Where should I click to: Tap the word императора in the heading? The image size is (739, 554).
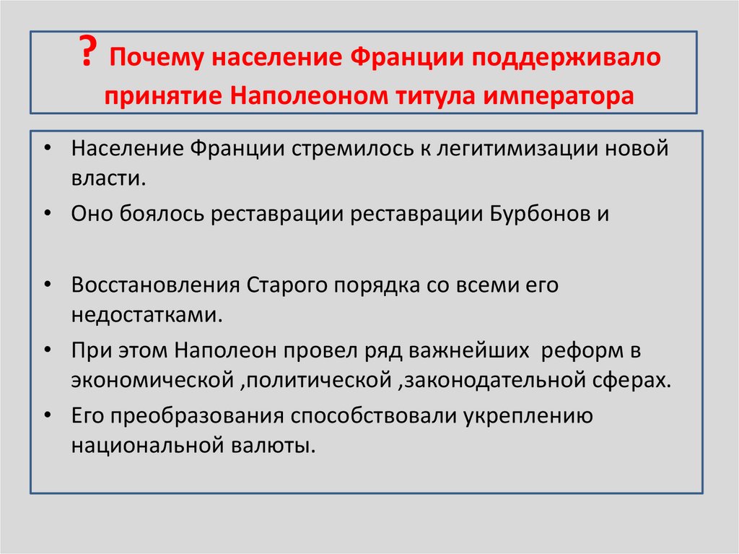point(569,95)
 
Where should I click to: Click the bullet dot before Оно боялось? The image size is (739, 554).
point(47,215)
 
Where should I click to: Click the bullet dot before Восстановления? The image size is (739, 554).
point(47,285)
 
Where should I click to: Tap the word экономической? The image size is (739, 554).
point(151,380)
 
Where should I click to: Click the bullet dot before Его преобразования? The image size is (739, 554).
point(47,417)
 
